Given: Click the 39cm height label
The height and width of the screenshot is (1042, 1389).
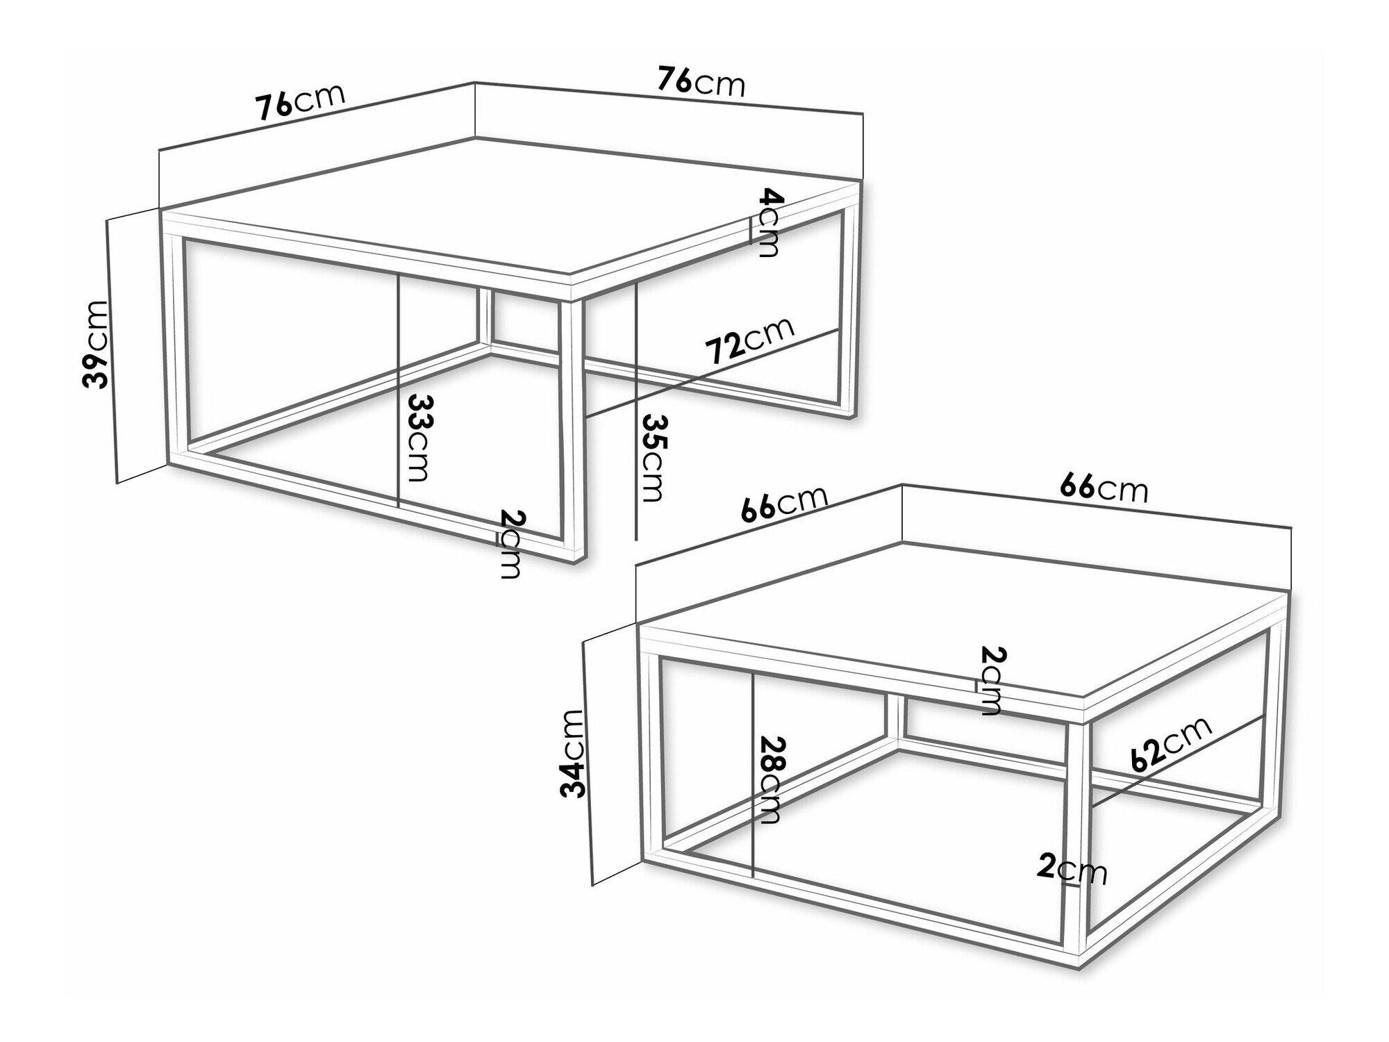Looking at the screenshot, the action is click(95, 343).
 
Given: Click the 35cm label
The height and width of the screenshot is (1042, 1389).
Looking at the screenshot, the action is click(654, 458).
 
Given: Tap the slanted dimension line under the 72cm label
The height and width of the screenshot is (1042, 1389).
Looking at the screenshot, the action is click(712, 373).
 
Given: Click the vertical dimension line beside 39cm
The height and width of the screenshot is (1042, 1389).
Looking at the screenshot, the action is click(113, 350).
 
